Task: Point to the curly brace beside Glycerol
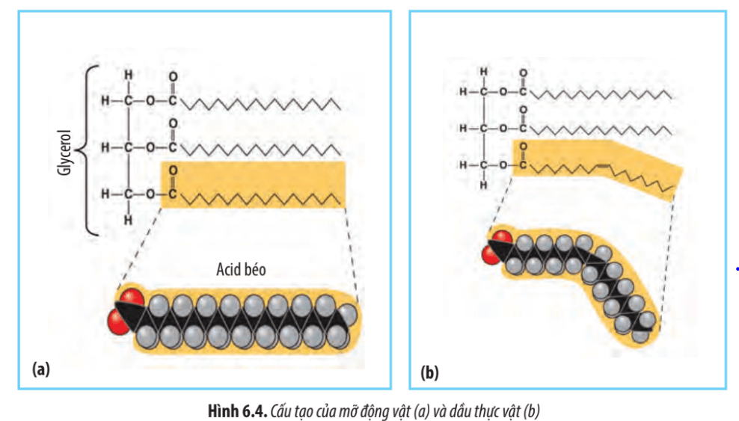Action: [88, 150]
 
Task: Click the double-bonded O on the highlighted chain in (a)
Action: [174, 170]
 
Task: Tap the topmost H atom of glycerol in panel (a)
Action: [129, 76]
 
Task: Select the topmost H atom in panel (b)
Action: [484, 72]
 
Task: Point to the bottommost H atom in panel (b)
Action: [484, 184]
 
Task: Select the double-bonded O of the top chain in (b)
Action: [523, 74]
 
